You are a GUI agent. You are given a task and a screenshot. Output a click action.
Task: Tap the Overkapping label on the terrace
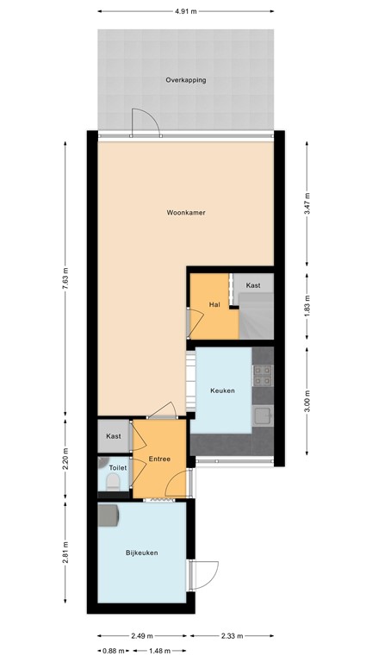pyautogui.click(x=185, y=80)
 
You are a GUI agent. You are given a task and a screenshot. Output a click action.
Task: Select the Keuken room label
pyautogui.click(x=222, y=390)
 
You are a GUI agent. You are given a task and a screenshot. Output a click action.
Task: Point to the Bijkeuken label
pyautogui.click(x=141, y=553)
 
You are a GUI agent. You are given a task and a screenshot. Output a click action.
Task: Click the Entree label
pyautogui.click(x=159, y=458)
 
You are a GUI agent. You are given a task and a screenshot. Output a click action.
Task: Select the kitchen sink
pyautogui.click(x=263, y=416)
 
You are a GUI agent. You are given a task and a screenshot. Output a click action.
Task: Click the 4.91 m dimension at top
pyautogui.click(x=185, y=12)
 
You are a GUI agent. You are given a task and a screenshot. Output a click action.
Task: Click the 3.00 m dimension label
pyautogui.click(x=307, y=403)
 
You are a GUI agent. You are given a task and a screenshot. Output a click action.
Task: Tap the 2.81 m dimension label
pyautogui.click(x=65, y=553)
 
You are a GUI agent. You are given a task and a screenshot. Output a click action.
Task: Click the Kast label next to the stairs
pyautogui.click(x=253, y=284)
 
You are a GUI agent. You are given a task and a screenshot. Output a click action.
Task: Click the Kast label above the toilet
pyautogui.click(x=113, y=437)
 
